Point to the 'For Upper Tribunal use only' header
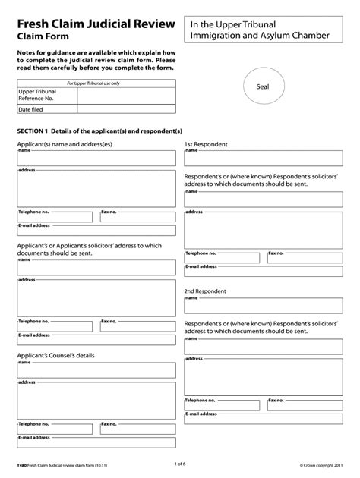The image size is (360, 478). tap(95, 82)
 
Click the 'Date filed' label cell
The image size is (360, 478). tap(33, 110)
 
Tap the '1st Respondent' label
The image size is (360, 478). tap(207, 144)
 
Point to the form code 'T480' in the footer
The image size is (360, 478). tap(25, 463)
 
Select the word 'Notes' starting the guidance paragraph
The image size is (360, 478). tap(28, 54)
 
